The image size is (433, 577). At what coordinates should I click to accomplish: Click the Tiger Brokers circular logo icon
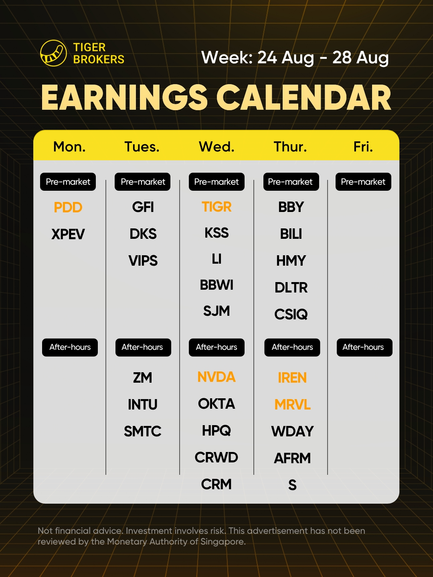click(53, 53)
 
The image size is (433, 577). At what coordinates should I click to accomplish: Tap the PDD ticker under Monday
click(68, 208)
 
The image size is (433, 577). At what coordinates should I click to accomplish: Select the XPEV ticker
click(68, 234)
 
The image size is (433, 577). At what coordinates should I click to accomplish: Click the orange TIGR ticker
click(216, 207)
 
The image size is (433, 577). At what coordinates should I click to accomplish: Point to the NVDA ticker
click(216, 377)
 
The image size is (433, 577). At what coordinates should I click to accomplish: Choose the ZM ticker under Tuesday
click(142, 378)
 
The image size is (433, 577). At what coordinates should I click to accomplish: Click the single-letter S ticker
click(292, 485)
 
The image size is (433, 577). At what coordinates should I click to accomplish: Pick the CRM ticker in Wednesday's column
click(216, 484)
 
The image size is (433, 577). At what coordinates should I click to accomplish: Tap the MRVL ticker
click(292, 405)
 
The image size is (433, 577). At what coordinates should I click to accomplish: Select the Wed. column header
click(216, 147)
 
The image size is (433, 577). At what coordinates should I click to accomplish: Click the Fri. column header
click(363, 147)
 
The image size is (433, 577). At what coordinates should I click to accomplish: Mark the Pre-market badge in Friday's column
click(363, 182)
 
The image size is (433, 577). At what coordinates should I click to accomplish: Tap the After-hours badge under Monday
click(70, 347)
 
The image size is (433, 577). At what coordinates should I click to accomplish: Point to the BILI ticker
click(291, 234)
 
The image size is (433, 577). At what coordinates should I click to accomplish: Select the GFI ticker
click(143, 207)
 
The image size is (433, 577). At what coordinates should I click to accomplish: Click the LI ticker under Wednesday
click(216, 259)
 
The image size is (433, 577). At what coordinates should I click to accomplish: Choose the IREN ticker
click(292, 378)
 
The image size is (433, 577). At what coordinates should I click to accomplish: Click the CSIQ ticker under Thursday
click(291, 315)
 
